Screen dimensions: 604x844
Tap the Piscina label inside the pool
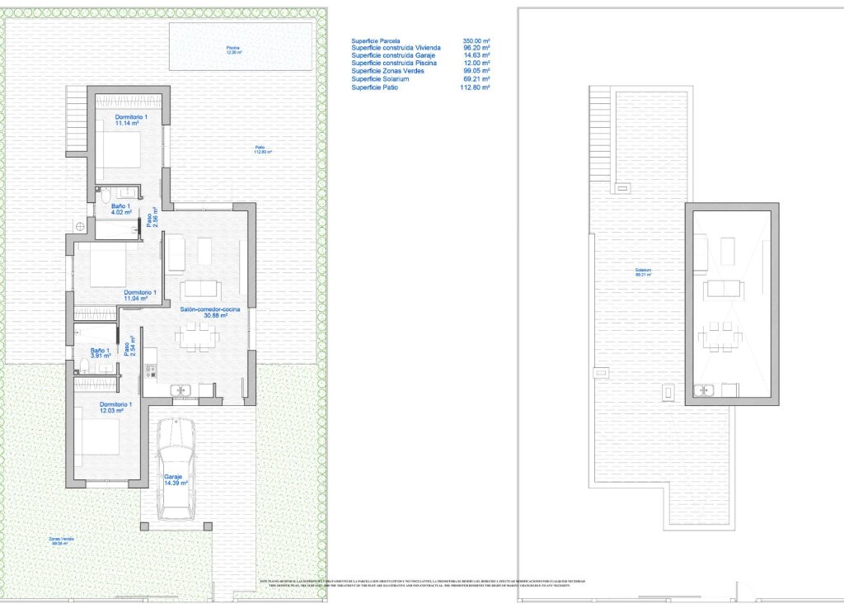point(234,47)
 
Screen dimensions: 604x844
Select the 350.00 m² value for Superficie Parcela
point(476,40)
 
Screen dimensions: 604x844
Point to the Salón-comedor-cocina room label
point(210,309)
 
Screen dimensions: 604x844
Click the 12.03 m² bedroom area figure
point(111,411)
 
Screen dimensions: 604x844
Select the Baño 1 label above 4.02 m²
point(120,205)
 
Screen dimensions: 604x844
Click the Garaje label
point(172,477)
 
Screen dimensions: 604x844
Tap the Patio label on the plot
point(260,148)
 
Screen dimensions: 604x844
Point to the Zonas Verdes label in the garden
point(63,539)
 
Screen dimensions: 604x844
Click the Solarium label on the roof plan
point(643,270)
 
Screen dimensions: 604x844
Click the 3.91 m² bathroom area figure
point(101,357)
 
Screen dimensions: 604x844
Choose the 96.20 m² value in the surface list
point(476,48)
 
